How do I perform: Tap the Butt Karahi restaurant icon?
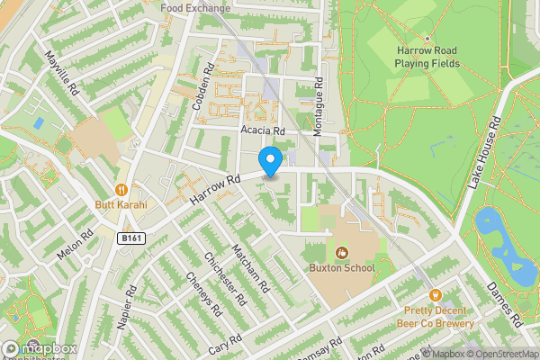pos(121,189)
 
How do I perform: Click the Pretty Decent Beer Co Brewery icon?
pos(435,294)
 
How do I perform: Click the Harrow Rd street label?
pos(214,189)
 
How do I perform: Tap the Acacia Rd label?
pos(262,130)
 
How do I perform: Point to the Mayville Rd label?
pos(63,73)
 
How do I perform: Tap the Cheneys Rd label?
pos(202,293)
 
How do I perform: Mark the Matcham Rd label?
pos(249,267)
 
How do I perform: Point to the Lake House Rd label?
pos(482,151)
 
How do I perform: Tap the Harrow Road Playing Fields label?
pos(427,58)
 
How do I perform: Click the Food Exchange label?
pos(194,7)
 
